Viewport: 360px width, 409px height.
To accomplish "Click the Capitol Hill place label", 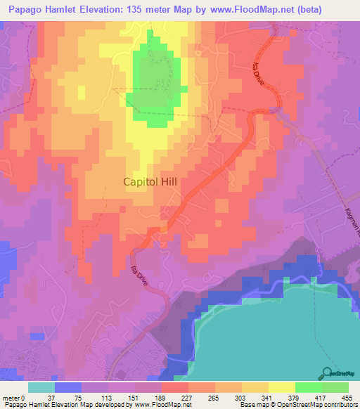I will [150, 181].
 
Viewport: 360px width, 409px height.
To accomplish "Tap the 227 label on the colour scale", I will [188, 397].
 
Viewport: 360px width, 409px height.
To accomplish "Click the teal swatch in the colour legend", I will [41, 387].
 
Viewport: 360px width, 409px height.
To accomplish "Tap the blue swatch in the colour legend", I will [68, 387].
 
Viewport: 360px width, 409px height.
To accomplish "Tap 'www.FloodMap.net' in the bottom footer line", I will [157, 405].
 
